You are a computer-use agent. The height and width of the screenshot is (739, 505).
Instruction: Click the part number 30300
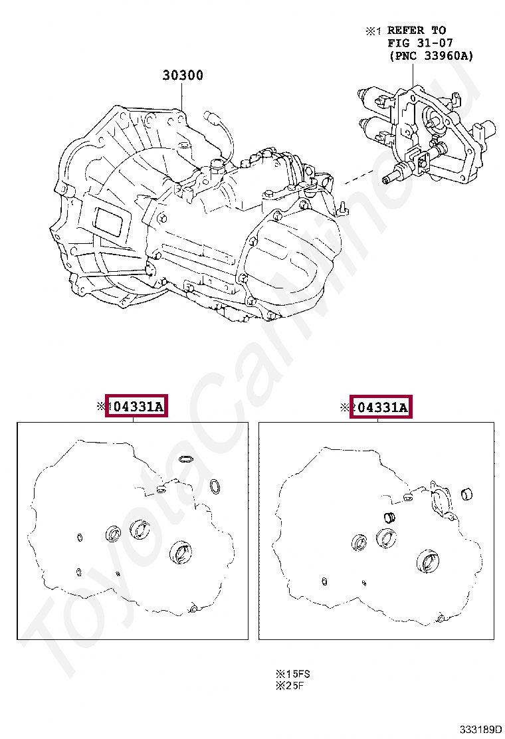point(183,75)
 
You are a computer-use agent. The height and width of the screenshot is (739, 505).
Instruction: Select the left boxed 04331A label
point(138,406)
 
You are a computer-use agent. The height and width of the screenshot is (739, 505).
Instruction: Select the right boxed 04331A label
point(381,407)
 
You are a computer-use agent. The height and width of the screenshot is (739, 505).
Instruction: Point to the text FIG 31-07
point(420,43)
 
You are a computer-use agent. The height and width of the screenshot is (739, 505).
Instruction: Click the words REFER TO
point(417,30)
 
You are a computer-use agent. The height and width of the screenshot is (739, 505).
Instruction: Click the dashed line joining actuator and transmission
point(356,179)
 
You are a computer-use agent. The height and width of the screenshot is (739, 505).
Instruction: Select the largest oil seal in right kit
point(427,560)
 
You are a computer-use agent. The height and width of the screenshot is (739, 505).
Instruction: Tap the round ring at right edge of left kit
point(216,486)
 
